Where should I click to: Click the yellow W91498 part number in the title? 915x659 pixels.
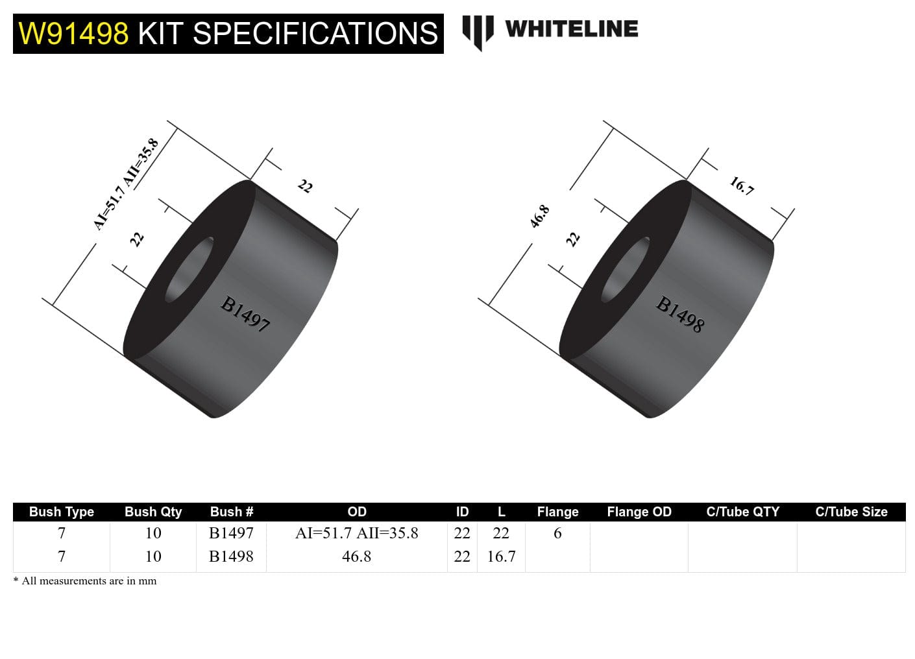[73, 34]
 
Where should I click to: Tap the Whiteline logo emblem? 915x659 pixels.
[478, 31]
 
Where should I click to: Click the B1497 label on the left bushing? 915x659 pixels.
[245, 314]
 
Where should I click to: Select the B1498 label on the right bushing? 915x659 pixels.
[679, 314]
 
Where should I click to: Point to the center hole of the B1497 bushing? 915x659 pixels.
[189, 270]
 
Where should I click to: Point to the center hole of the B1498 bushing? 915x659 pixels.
[626, 270]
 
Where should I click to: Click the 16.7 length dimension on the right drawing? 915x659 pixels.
[741, 186]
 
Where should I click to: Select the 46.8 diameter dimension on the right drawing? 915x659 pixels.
[539, 217]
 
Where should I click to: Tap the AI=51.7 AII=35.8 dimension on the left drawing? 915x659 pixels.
[126, 184]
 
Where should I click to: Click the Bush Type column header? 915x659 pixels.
[62, 512]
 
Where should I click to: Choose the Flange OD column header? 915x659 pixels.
[639, 512]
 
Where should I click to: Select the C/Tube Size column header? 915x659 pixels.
[851, 512]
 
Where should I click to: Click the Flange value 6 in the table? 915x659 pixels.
[557, 533]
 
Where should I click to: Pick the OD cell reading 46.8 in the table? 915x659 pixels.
[356, 557]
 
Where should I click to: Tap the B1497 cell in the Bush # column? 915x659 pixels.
[231, 533]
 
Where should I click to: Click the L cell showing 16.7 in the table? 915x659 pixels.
[501, 557]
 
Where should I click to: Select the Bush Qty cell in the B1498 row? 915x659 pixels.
[153, 557]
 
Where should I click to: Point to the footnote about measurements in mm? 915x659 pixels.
[85, 581]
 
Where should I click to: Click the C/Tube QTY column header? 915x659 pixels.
[742, 512]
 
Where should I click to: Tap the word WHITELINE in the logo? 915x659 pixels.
[571, 29]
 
